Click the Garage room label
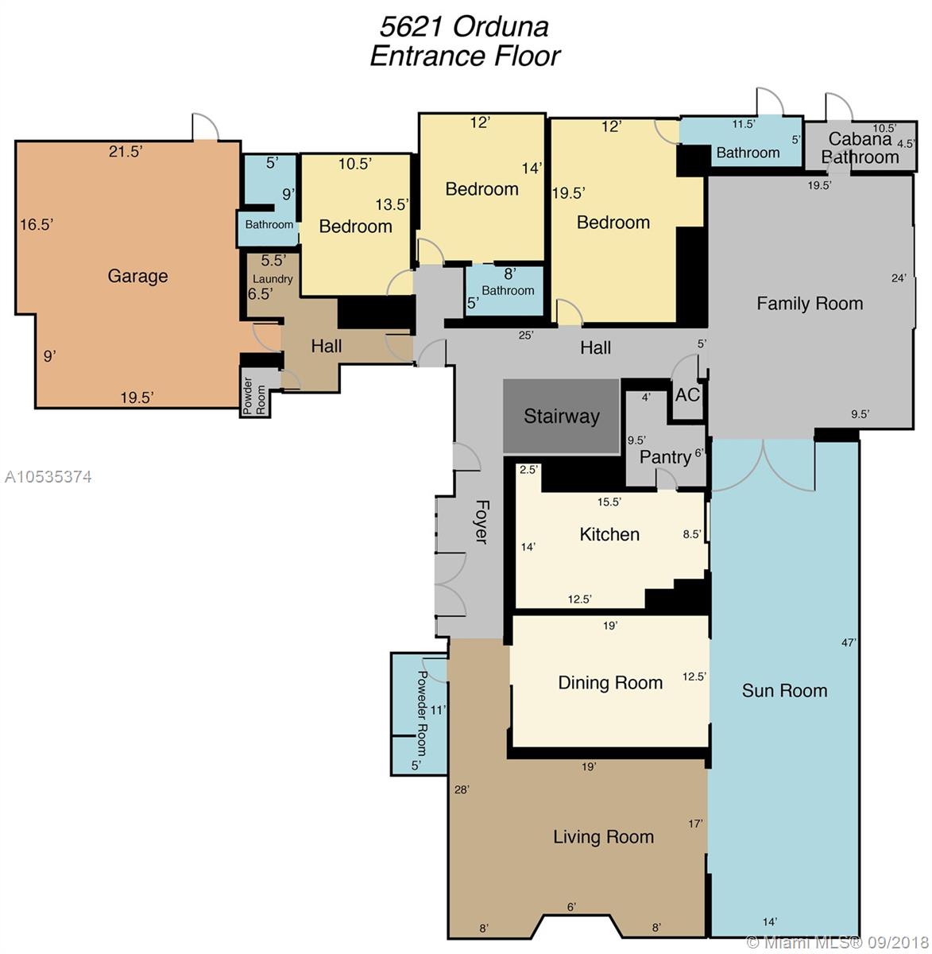click(137, 276)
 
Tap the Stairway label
click(562, 417)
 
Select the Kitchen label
click(609, 534)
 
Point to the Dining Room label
click(610, 682)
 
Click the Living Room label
click(603, 836)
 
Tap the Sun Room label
click(784, 690)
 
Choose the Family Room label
click(810, 304)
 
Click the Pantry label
click(665, 457)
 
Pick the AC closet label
click(687, 394)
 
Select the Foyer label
click(481, 522)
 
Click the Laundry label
click(273, 279)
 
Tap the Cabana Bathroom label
click(860, 148)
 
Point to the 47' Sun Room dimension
click(849, 642)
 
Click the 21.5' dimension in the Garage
click(126, 152)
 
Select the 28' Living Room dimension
click(462, 789)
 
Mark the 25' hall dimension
click(526, 335)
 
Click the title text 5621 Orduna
click(464, 26)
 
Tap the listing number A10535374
click(48, 476)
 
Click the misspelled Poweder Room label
click(421, 713)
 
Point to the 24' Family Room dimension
click(899, 278)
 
